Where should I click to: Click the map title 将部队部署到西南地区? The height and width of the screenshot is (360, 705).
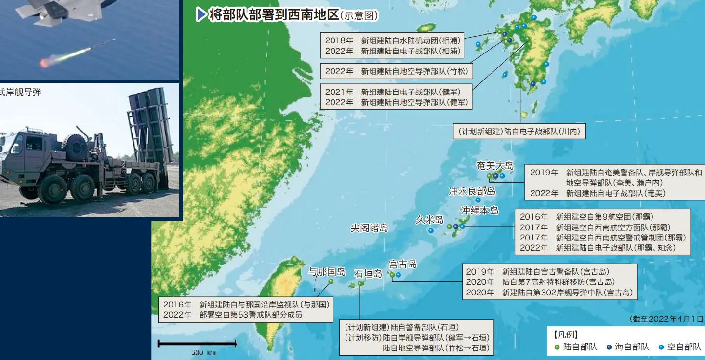click(274, 15)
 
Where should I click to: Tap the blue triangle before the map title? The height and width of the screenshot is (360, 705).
click(201, 15)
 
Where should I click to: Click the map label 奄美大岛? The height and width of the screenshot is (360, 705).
click(495, 166)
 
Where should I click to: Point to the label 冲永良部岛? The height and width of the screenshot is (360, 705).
click(472, 191)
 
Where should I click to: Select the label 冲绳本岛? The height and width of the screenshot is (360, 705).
click(479, 211)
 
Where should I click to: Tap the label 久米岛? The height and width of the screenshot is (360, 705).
click(429, 220)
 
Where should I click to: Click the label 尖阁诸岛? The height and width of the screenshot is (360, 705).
click(369, 228)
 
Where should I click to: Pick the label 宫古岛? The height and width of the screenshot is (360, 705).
click(403, 264)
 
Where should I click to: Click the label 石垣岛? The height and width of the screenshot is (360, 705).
click(368, 274)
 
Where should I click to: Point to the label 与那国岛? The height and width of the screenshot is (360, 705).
click(327, 271)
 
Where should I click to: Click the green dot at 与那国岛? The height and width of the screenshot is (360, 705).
click(331, 281)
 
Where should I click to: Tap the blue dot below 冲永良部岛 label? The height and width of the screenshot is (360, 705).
click(478, 200)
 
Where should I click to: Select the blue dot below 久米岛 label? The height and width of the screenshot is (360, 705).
click(431, 230)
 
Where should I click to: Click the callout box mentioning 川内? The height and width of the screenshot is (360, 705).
click(519, 131)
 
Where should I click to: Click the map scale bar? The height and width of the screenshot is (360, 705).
click(197, 344)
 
